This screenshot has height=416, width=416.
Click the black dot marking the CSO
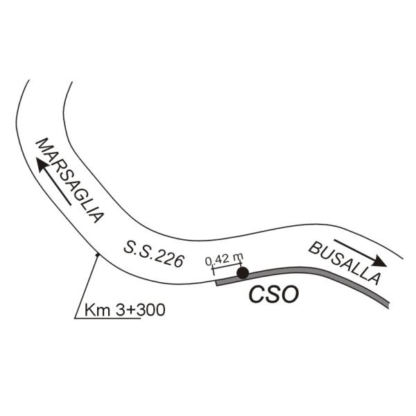pyautogui.click(x=243, y=273)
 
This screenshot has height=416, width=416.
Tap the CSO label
pyautogui.click(x=274, y=294)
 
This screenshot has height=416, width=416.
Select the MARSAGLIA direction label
pyautogui.click(x=69, y=180)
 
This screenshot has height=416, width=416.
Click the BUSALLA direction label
pyautogui.click(x=345, y=263)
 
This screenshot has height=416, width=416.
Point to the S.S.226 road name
pyautogui.click(x=154, y=254)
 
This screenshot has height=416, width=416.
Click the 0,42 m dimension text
pyautogui.click(x=224, y=259)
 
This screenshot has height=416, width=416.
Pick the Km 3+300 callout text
pyautogui.click(x=125, y=310)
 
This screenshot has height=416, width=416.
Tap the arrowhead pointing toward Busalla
pyautogui.click(x=379, y=261)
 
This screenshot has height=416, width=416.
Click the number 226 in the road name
pyautogui.click(x=169, y=258)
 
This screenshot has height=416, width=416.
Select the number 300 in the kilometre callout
pyautogui.click(x=151, y=310)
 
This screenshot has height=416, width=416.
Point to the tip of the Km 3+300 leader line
pyautogui.click(x=98, y=254)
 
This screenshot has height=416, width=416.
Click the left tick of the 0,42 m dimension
pyautogui.click(x=213, y=270)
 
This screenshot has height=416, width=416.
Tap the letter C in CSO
pyautogui.click(x=257, y=294)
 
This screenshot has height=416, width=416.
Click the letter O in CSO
pyautogui.click(x=290, y=294)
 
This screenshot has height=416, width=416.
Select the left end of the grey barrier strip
pyautogui.click(x=217, y=283)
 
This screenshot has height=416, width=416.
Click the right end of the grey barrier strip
pyautogui.click(x=388, y=305)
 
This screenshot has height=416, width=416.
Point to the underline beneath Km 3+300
pyautogui.click(x=107, y=318)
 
